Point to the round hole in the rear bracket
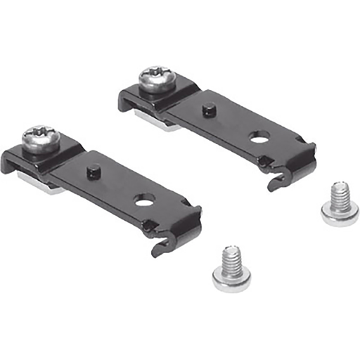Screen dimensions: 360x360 point(259,139)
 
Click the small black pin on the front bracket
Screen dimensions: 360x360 point(93,171)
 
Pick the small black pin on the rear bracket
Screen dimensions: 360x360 point(208,110)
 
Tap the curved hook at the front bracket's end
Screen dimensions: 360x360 point(162,246)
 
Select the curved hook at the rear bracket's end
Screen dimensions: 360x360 point(276,183)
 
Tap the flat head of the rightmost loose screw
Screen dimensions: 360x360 point(340,214)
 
